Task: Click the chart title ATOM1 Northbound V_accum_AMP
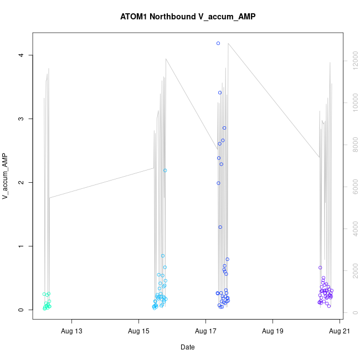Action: [x=188, y=17]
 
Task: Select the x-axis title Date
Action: [x=188, y=347]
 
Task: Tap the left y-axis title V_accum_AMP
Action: [x=6, y=176]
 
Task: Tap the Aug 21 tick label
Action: [x=339, y=332]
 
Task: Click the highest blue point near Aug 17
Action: [x=218, y=43]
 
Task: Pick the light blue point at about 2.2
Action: [x=165, y=171]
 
